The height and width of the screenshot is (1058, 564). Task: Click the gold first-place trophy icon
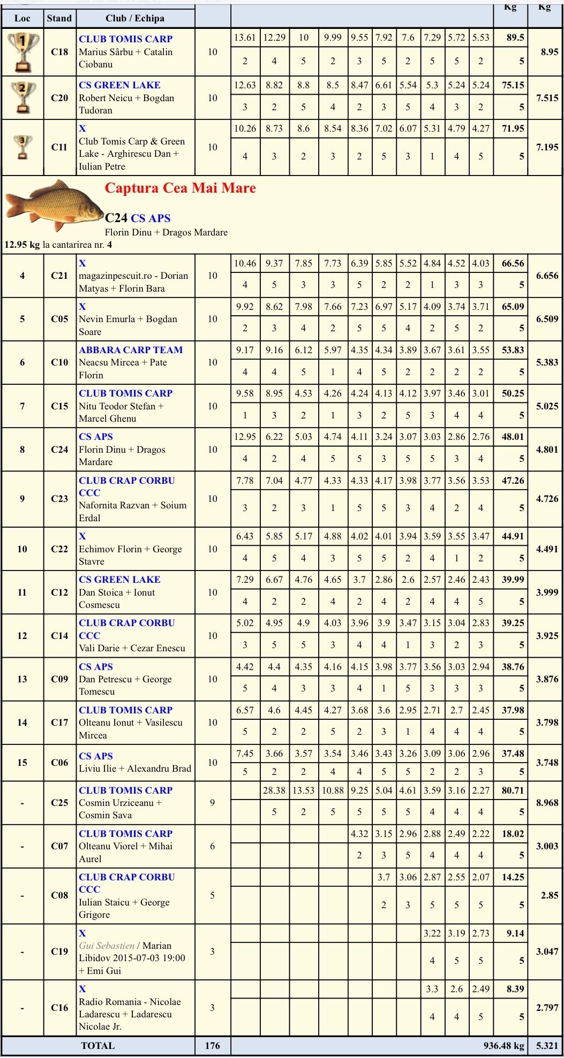pyautogui.click(x=22, y=52)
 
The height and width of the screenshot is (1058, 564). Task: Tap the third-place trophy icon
pyautogui.click(x=22, y=147)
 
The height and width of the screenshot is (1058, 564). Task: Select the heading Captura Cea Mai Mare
pyautogui.click(x=180, y=188)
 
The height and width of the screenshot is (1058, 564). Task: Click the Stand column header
pyautogui.click(x=59, y=18)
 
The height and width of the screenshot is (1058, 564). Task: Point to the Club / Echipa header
pyautogui.click(x=135, y=18)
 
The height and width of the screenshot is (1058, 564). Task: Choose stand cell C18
pyautogui.click(x=59, y=52)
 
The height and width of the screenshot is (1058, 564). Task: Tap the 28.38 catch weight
pyautogui.click(x=274, y=790)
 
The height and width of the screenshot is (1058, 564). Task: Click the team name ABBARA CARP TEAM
pyautogui.click(x=131, y=350)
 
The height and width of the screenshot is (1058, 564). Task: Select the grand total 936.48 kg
pyautogui.click(x=503, y=1046)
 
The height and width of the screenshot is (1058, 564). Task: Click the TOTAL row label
pyautogui.click(x=97, y=1046)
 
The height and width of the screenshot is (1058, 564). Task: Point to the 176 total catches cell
pyautogui.click(x=212, y=1046)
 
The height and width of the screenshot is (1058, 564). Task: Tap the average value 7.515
pyautogui.click(x=547, y=98)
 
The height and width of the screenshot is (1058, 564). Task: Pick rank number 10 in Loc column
pyautogui.click(x=22, y=549)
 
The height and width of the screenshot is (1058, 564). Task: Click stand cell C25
pyautogui.click(x=59, y=803)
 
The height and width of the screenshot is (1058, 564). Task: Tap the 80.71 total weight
pyautogui.click(x=513, y=790)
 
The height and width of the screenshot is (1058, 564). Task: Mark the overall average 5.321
pyautogui.click(x=547, y=1046)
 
